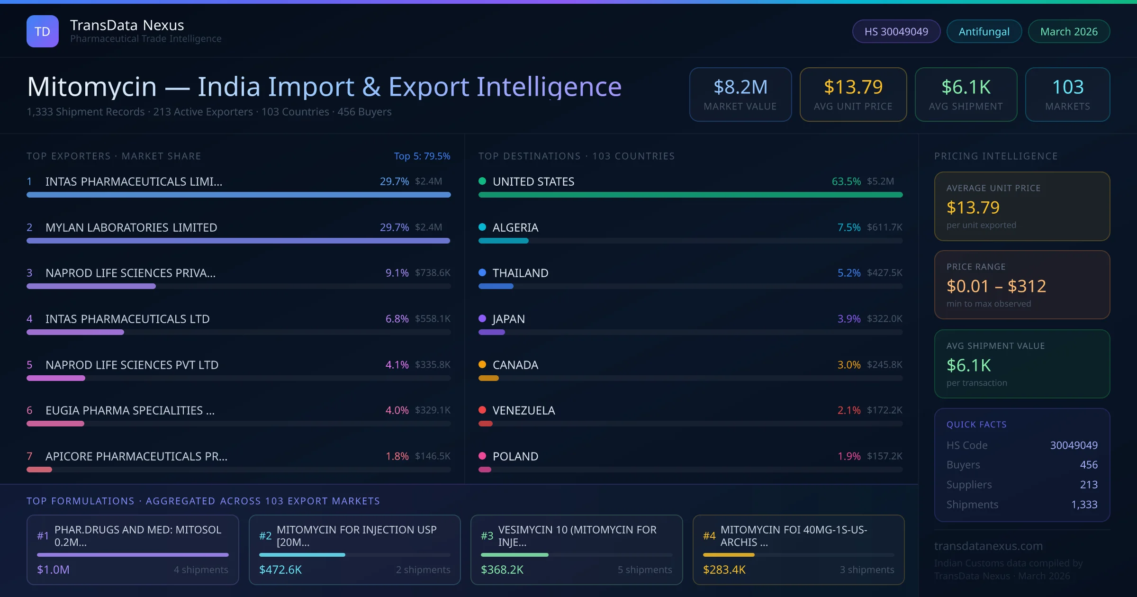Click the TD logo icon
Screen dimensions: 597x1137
click(43, 31)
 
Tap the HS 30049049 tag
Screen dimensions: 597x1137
click(896, 31)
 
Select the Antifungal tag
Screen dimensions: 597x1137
click(984, 31)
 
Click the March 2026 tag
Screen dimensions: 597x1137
click(1069, 31)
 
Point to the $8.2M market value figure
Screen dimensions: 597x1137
click(740, 87)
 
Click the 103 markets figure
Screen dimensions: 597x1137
click(1067, 87)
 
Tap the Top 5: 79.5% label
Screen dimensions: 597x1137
click(422, 156)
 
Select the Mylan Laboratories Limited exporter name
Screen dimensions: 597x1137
click(131, 227)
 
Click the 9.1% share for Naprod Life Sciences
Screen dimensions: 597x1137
click(397, 273)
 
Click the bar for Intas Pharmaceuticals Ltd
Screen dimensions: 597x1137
click(75, 332)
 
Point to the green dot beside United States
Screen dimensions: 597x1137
click(482, 181)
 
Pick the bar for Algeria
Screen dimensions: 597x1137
click(503, 241)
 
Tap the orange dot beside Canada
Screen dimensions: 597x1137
click(482, 364)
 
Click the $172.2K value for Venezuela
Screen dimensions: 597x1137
click(884, 410)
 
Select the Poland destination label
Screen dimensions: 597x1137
click(515, 456)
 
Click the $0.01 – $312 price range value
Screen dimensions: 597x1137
click(996, 286)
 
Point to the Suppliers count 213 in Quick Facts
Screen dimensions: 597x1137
click(1088, 485)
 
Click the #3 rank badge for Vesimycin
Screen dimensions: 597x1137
click(487, 536)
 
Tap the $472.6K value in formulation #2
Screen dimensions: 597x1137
click(280, 570)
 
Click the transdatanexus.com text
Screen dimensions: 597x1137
click(988, 546)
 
